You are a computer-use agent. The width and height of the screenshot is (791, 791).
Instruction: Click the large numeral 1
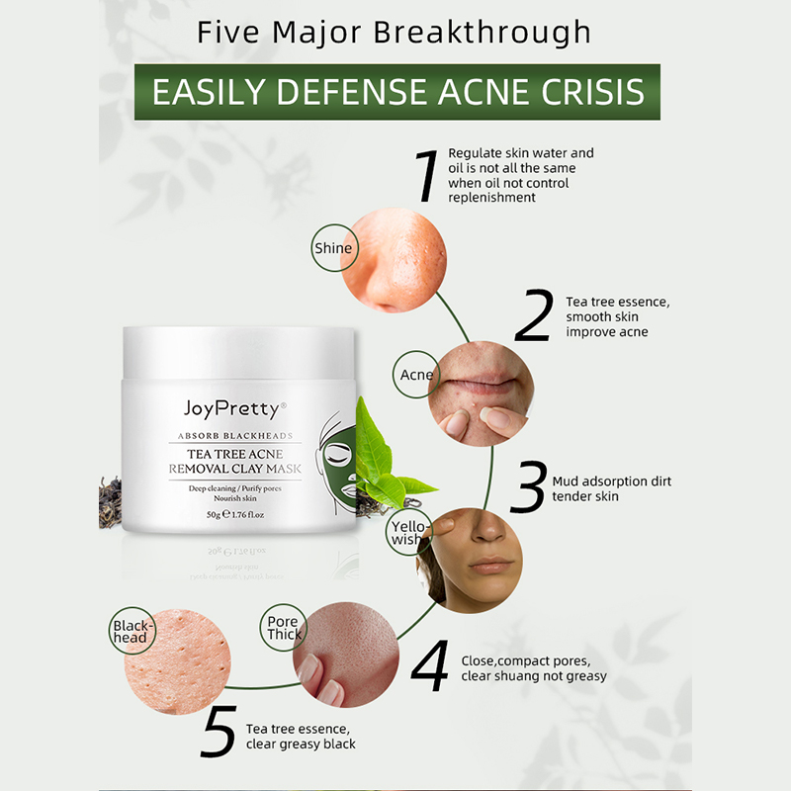pyautogui.click(x=427, y=176)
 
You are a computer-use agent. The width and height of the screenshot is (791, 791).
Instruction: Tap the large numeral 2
pyautogui.click(x=534, y=315)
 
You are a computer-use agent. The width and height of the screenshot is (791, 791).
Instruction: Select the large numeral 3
pyautogui.click(x=528, y=486)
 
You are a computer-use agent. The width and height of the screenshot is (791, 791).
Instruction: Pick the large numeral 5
pyautogui.click(x=219, y=731)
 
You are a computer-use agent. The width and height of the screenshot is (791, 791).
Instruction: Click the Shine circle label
pyautogui.click(x=334, y=248)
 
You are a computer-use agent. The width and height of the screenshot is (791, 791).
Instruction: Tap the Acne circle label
pyautogui.click(x=416, y=375)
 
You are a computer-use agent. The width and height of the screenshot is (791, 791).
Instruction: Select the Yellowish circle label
pyautogui.click(x=408, y=532)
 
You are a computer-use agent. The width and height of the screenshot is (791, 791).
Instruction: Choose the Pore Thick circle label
pyautogui.click(x=284, y=627)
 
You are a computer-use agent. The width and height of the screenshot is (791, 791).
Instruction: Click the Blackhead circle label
pyautogui.click(x=132, y=631)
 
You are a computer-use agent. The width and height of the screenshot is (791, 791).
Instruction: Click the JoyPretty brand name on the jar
pyautogui.click(x=234, y=408)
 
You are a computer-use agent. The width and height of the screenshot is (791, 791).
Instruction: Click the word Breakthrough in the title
pyautogui.click(x=482, y=34)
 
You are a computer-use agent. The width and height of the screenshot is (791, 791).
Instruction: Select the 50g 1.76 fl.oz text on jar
pyautogui.click(x=235, y=514)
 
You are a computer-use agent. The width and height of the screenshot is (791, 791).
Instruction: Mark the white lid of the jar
pyautogui.click(x=238, y=352)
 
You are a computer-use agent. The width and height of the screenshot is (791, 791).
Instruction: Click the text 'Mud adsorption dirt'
pyautogui.click(x=611, y=482)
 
